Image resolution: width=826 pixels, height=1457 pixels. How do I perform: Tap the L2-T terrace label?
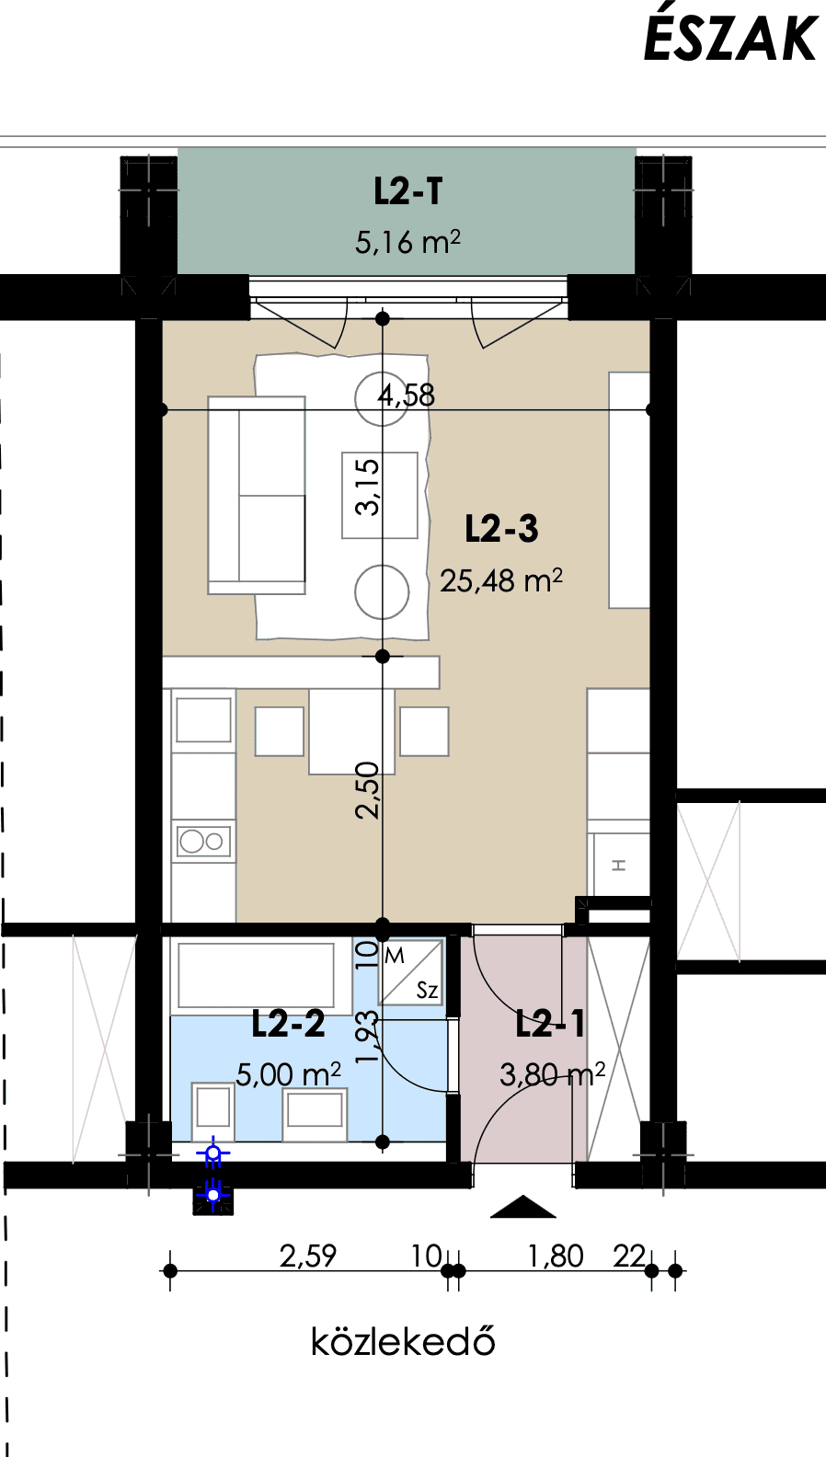408,191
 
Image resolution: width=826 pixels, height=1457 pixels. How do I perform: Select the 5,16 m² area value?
407,241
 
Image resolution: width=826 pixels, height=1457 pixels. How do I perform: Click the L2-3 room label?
501,528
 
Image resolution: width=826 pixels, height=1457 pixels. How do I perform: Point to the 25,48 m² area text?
500,580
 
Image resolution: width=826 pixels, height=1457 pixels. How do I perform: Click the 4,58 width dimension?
407,396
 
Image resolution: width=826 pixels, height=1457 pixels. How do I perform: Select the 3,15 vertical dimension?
368,488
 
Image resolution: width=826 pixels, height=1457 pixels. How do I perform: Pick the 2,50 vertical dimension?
368,790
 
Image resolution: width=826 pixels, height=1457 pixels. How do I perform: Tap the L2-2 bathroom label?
288,1024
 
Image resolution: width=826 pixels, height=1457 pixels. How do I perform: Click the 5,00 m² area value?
288,1074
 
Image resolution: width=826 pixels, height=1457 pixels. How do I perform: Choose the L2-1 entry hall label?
550,1024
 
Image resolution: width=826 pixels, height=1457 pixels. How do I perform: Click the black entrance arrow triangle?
522,1207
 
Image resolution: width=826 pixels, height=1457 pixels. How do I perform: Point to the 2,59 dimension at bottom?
308,1256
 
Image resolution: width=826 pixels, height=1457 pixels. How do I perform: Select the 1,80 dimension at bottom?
556,1256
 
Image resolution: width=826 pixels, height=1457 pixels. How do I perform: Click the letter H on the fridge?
618,865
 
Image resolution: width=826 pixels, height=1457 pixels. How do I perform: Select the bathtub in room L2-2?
256,976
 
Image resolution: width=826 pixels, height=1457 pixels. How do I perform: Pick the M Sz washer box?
411,972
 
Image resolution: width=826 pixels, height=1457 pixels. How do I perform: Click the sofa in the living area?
257,495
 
